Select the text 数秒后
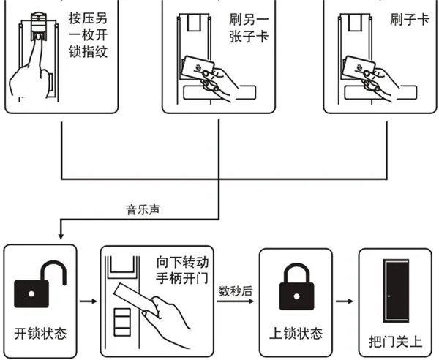[236, 290]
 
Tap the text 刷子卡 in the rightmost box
[401, 20]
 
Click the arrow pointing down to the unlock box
[60, 234]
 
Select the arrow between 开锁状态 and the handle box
[86, 300]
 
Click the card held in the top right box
[359, 70]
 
